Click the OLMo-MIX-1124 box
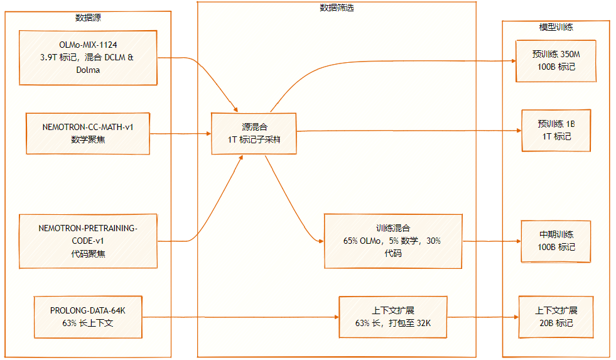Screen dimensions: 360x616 point(88,57)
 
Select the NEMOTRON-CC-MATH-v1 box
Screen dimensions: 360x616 point(88,133)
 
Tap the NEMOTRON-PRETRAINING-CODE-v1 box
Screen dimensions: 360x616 point(88,241)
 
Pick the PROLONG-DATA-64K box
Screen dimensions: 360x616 point(88,317)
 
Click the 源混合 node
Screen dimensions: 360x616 point(254,133)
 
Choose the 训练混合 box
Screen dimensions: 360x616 point(393,241)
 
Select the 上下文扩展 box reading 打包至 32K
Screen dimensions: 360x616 point(393,317)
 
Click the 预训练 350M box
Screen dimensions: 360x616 point(556,61)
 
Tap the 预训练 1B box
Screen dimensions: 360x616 point(556,131)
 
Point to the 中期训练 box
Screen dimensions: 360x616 point(556,241)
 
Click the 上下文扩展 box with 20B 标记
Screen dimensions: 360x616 point(556,317)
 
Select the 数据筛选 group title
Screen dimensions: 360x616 point(336,8)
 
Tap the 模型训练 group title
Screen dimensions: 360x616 point(556,27)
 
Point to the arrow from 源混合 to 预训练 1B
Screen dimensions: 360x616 point(408,131)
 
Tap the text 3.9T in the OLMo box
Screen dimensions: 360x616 point(49,57)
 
